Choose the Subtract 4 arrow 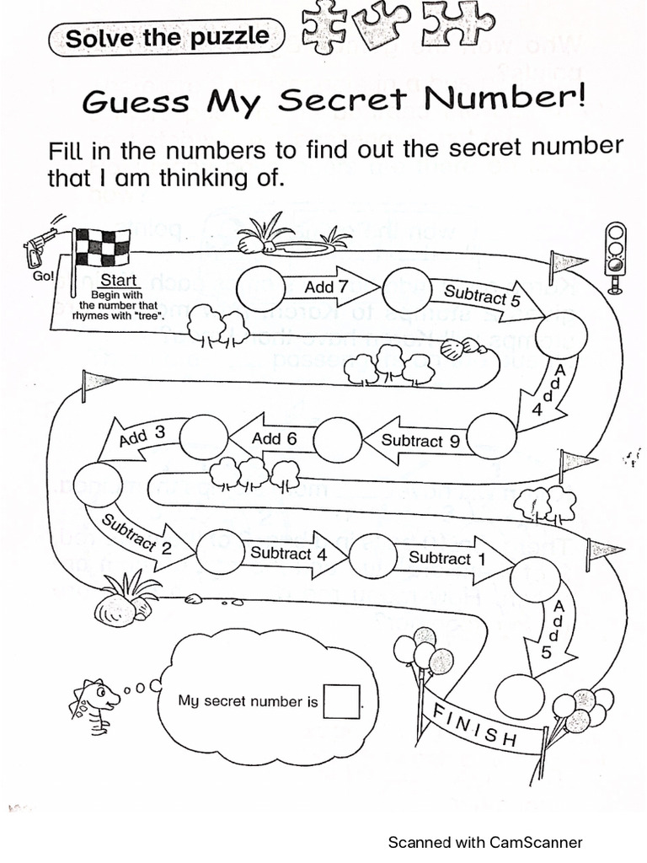[286, 554]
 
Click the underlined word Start [118, 281]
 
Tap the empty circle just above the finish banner [520, 695]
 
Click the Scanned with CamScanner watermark [484, 842]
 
